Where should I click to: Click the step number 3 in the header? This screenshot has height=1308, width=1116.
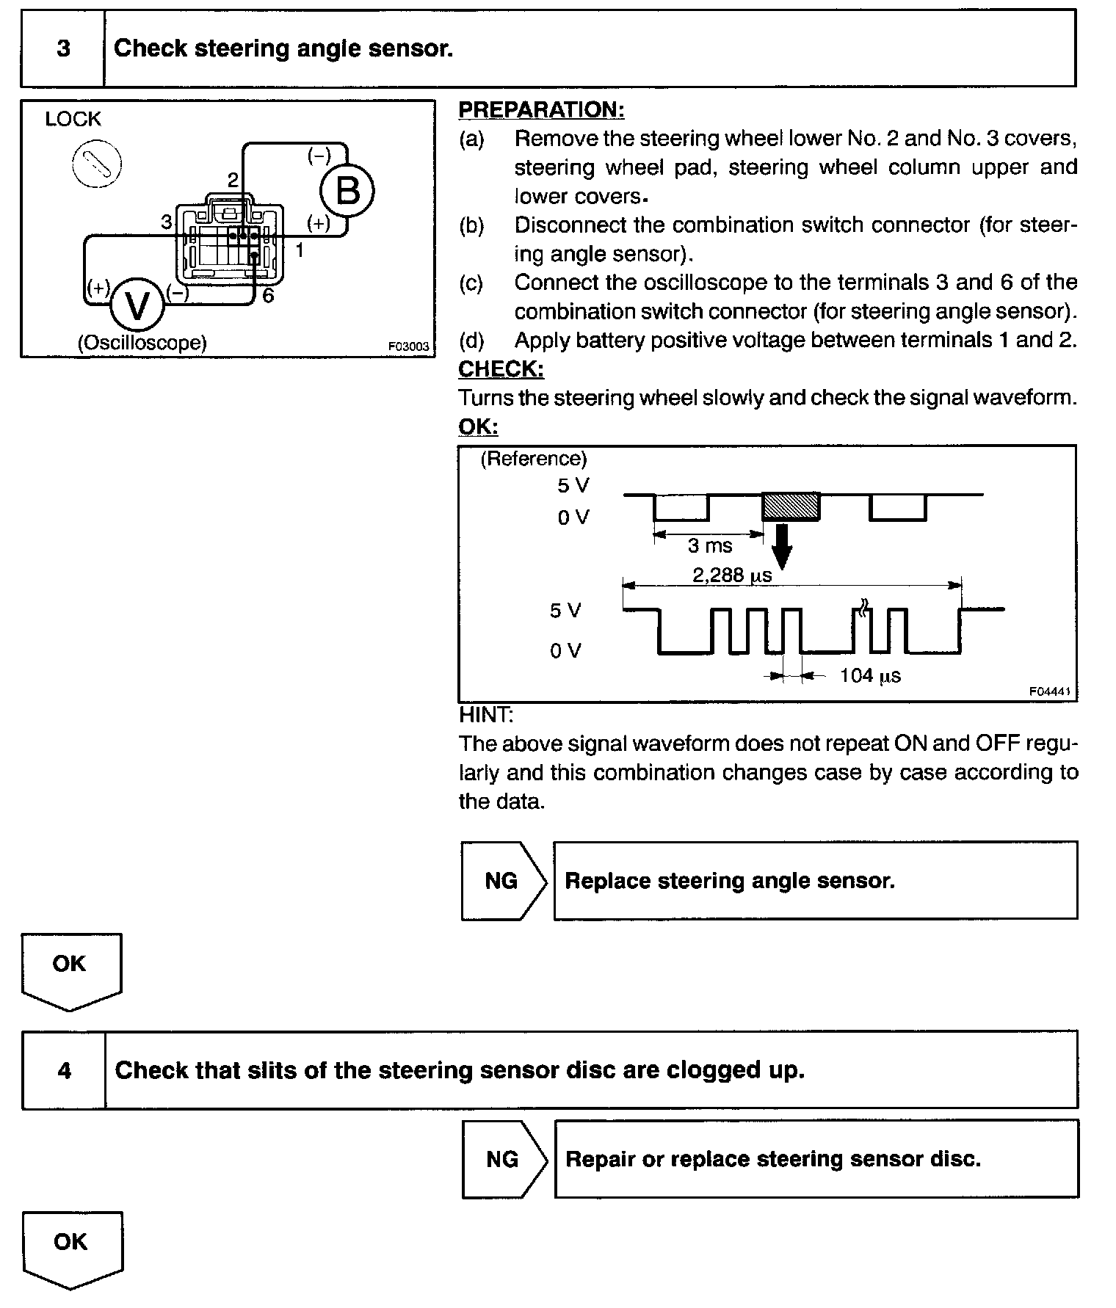tap(63, 48)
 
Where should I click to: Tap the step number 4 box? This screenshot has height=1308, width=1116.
tap(64, 1070)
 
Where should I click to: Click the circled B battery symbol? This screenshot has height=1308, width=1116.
tap(347, 191)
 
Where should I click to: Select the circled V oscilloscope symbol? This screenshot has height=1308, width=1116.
tap(137, 305)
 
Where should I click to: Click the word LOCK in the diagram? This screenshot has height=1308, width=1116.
tap(73, 119)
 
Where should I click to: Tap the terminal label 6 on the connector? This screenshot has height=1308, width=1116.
tap(268, 296)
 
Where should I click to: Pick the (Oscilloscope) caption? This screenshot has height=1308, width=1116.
tap(142, 343)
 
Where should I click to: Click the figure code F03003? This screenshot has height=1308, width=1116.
tap(409, 346)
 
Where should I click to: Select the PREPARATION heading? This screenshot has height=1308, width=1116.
tap(541, 109)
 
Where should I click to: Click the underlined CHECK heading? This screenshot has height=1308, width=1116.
tap(501, 368)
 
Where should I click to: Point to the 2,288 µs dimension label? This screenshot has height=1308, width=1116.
tap(732, 575)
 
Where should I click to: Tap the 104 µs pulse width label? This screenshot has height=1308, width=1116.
tap(870, 675)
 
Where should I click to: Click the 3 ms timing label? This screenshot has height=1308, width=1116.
tap(710, 546)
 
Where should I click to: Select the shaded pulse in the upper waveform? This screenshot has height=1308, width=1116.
tap(791, 506)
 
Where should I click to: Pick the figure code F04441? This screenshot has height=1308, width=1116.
tap(1049, 691)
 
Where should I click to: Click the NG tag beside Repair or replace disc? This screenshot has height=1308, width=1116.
tap(504, 1159)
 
